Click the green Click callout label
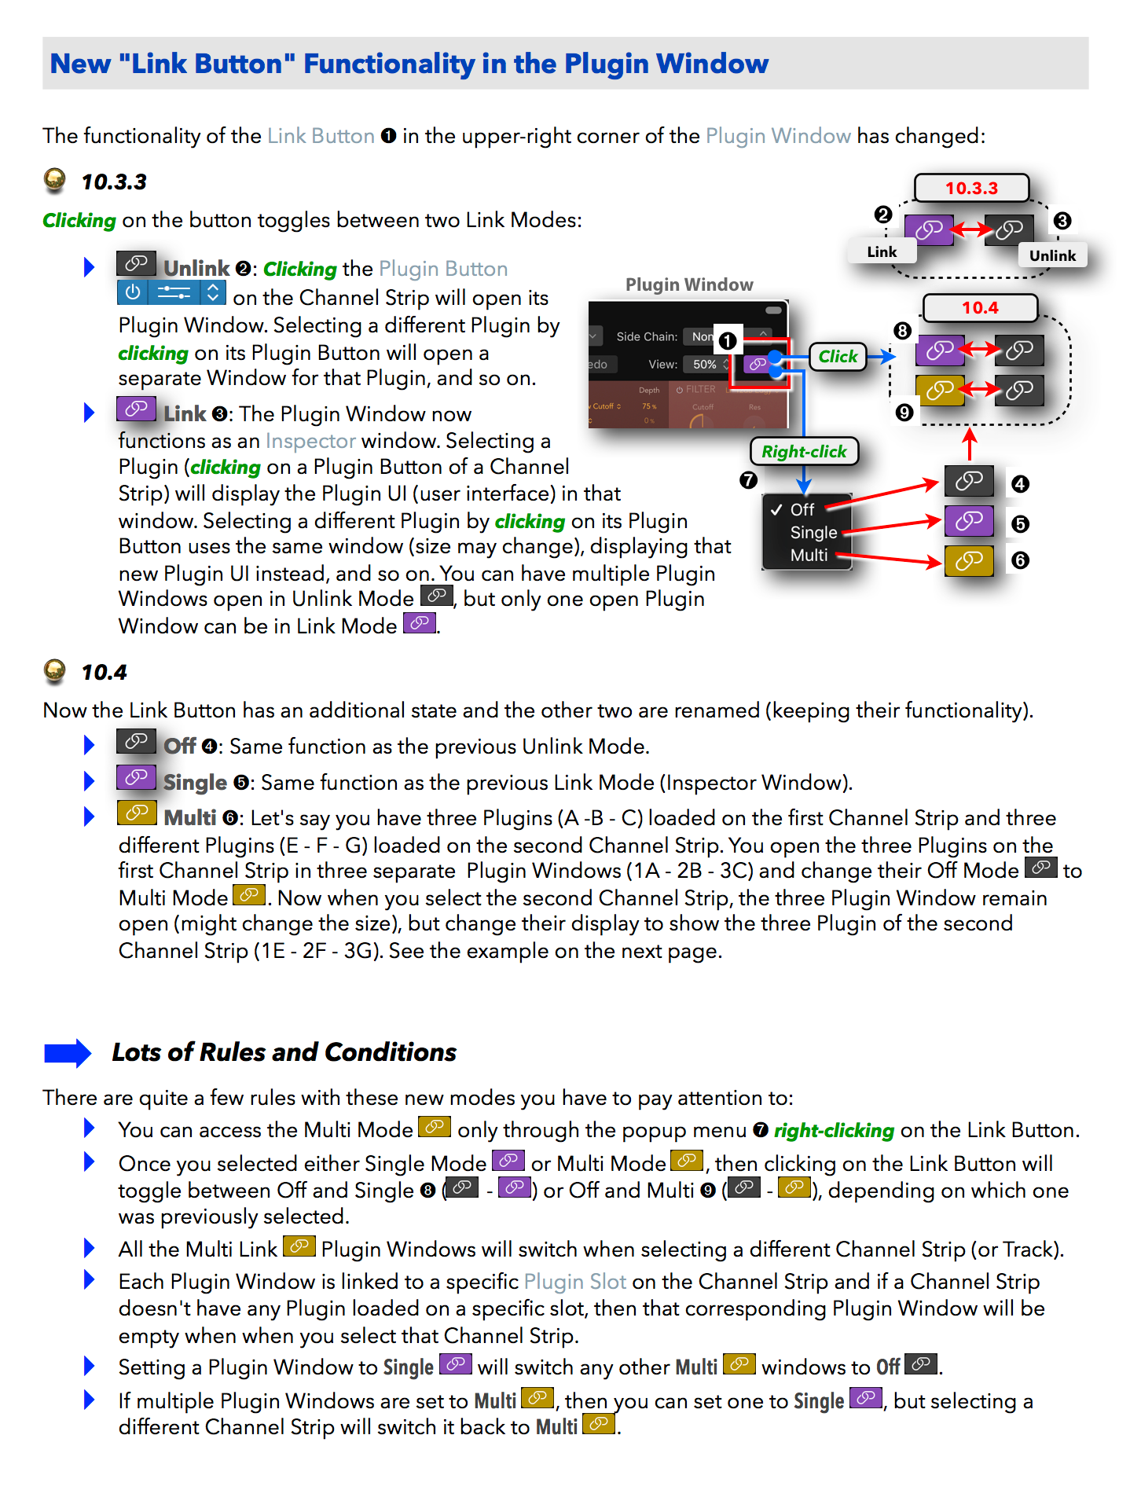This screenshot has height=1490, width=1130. click(838, 357)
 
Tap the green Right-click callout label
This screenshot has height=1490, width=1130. click(804, 452)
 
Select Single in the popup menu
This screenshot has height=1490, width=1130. click(813, 533)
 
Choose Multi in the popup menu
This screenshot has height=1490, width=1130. click(809, 556)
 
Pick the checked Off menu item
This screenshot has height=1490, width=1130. click(802, 510)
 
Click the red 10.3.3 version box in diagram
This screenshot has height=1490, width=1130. click(971, 189)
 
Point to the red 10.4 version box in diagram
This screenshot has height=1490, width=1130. click(980, 308)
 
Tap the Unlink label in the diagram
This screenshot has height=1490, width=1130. click(1052, 255)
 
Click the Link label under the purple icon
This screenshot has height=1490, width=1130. click(882, 251)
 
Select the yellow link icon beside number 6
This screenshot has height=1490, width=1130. click(969, 561)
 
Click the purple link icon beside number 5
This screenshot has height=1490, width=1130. click(969, 521)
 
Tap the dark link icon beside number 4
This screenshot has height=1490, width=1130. click(969, 481)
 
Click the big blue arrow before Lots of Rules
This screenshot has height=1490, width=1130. click(68, 1053)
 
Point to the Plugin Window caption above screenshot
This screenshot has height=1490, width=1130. click(689, 284)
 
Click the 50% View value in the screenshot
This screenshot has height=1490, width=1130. click(704, 365)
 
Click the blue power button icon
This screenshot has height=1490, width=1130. click(133, 293)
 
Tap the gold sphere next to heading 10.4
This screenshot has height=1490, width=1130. click(55, 670)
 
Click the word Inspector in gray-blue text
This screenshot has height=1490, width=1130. click(310, 441)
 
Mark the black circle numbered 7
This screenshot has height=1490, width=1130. click(748, 479)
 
